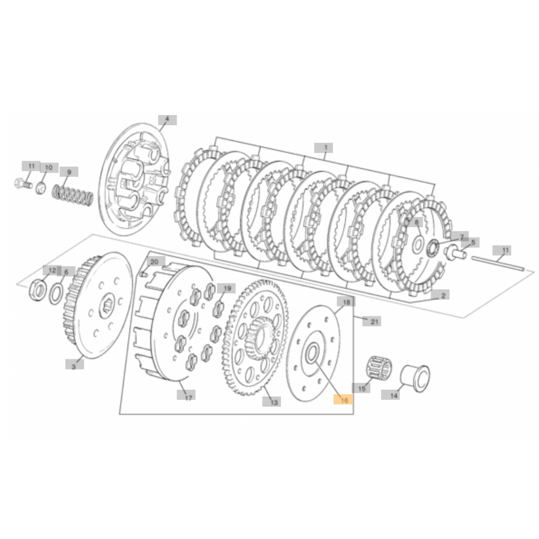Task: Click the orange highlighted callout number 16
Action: click(343, 399)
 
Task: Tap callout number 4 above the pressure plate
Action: click(167, 120)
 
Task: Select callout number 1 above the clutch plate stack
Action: click(325, 148)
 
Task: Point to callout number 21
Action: click(374, 321)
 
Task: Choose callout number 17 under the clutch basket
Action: click(188, 398)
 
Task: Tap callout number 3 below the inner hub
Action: click(74, 366)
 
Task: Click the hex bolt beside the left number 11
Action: click(21, 183)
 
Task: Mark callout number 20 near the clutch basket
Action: click(154, 262)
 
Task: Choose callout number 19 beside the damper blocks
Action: click(227, 288)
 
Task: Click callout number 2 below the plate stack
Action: click(442, 295)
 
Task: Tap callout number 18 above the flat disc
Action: click(346, 302)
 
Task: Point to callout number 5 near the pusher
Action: click(473, 242)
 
